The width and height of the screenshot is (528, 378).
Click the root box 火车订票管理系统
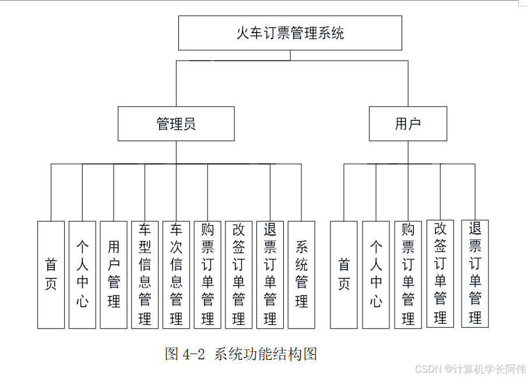click(x=290, y=33)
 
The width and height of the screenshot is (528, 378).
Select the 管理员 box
click(x=176, y=124)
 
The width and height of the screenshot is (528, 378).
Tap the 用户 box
click(x=408, y=124)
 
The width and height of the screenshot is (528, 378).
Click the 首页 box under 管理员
click(x=51, y=275)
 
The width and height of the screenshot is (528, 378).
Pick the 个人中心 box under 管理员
click(x=82, y=275)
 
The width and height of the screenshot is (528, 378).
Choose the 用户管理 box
click(x=114, y=275)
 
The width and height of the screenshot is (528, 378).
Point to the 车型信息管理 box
click(x=145, y=275)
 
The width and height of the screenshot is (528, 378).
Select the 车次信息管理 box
click(x=176, y=275)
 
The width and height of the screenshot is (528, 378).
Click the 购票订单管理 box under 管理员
click(x=207, y=275)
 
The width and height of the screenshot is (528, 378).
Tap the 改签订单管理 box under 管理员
click(x=239, y=275)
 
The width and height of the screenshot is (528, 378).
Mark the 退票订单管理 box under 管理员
click(x=270, y=275)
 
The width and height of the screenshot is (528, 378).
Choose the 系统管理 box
click(x=301, y=275)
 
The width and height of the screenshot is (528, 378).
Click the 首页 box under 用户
click(x=344, y=275)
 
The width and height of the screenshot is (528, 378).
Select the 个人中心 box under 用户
click(x=376, y=275)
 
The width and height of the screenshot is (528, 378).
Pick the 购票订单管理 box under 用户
click(x=408, y=275)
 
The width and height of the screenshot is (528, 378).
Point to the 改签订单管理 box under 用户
click(x=440, y=274)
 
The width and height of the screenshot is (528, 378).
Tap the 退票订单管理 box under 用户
click(x=475, y=274)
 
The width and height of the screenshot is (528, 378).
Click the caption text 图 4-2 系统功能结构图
click(x=241, y=353)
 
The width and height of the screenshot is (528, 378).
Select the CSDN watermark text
click(x=470, y=369)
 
